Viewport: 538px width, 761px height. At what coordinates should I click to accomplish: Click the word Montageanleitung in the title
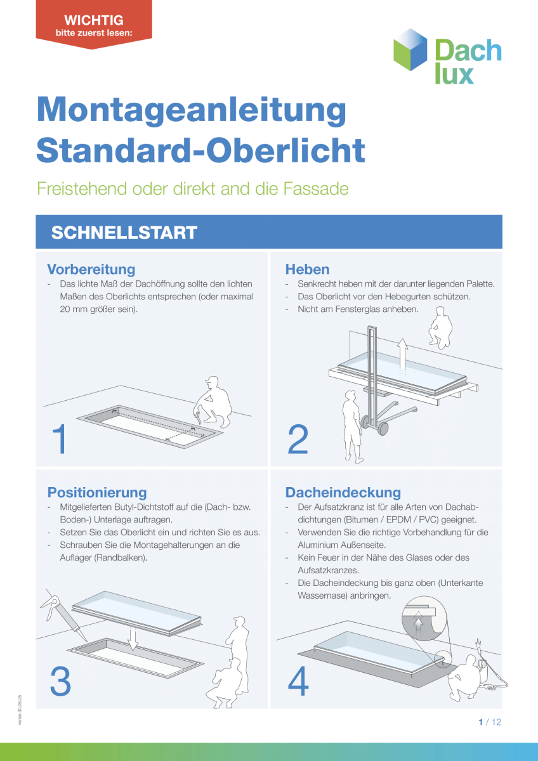pos(192,109)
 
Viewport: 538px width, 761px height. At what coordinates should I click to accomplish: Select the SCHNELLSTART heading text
pos(124,232)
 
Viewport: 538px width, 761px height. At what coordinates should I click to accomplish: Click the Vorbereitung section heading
pos(91,269)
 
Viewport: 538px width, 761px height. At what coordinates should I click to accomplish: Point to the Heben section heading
pos(307,269)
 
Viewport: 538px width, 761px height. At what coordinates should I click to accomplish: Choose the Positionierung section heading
pos(97,492)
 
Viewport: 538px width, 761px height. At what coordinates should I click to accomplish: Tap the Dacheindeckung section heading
pos(343,492)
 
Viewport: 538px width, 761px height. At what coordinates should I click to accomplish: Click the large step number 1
pos(60,439)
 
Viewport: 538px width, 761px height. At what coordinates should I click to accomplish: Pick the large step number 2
pos(298,439)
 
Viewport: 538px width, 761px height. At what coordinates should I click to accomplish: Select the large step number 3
pos(60,681)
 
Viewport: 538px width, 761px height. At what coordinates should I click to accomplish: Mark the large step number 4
pos(298,681)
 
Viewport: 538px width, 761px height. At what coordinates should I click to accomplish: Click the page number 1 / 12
pos(489,722)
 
